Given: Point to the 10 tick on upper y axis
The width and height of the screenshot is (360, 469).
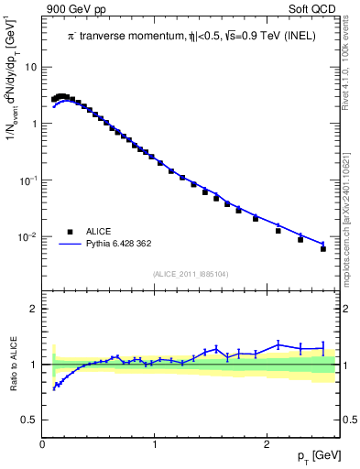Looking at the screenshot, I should (x=31, y=67).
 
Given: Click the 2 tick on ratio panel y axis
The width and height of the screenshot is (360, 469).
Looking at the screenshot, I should (x=35, y=309).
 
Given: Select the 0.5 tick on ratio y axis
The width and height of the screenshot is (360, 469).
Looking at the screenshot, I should (x=31, y=420).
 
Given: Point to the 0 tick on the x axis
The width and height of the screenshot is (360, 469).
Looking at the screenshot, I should (x=43, y=444).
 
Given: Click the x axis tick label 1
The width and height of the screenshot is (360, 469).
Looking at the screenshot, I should (x=155, y=444).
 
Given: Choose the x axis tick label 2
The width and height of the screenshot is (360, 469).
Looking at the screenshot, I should (x=267, y=444).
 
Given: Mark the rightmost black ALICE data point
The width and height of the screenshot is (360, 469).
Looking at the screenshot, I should (x=322, y=248).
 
